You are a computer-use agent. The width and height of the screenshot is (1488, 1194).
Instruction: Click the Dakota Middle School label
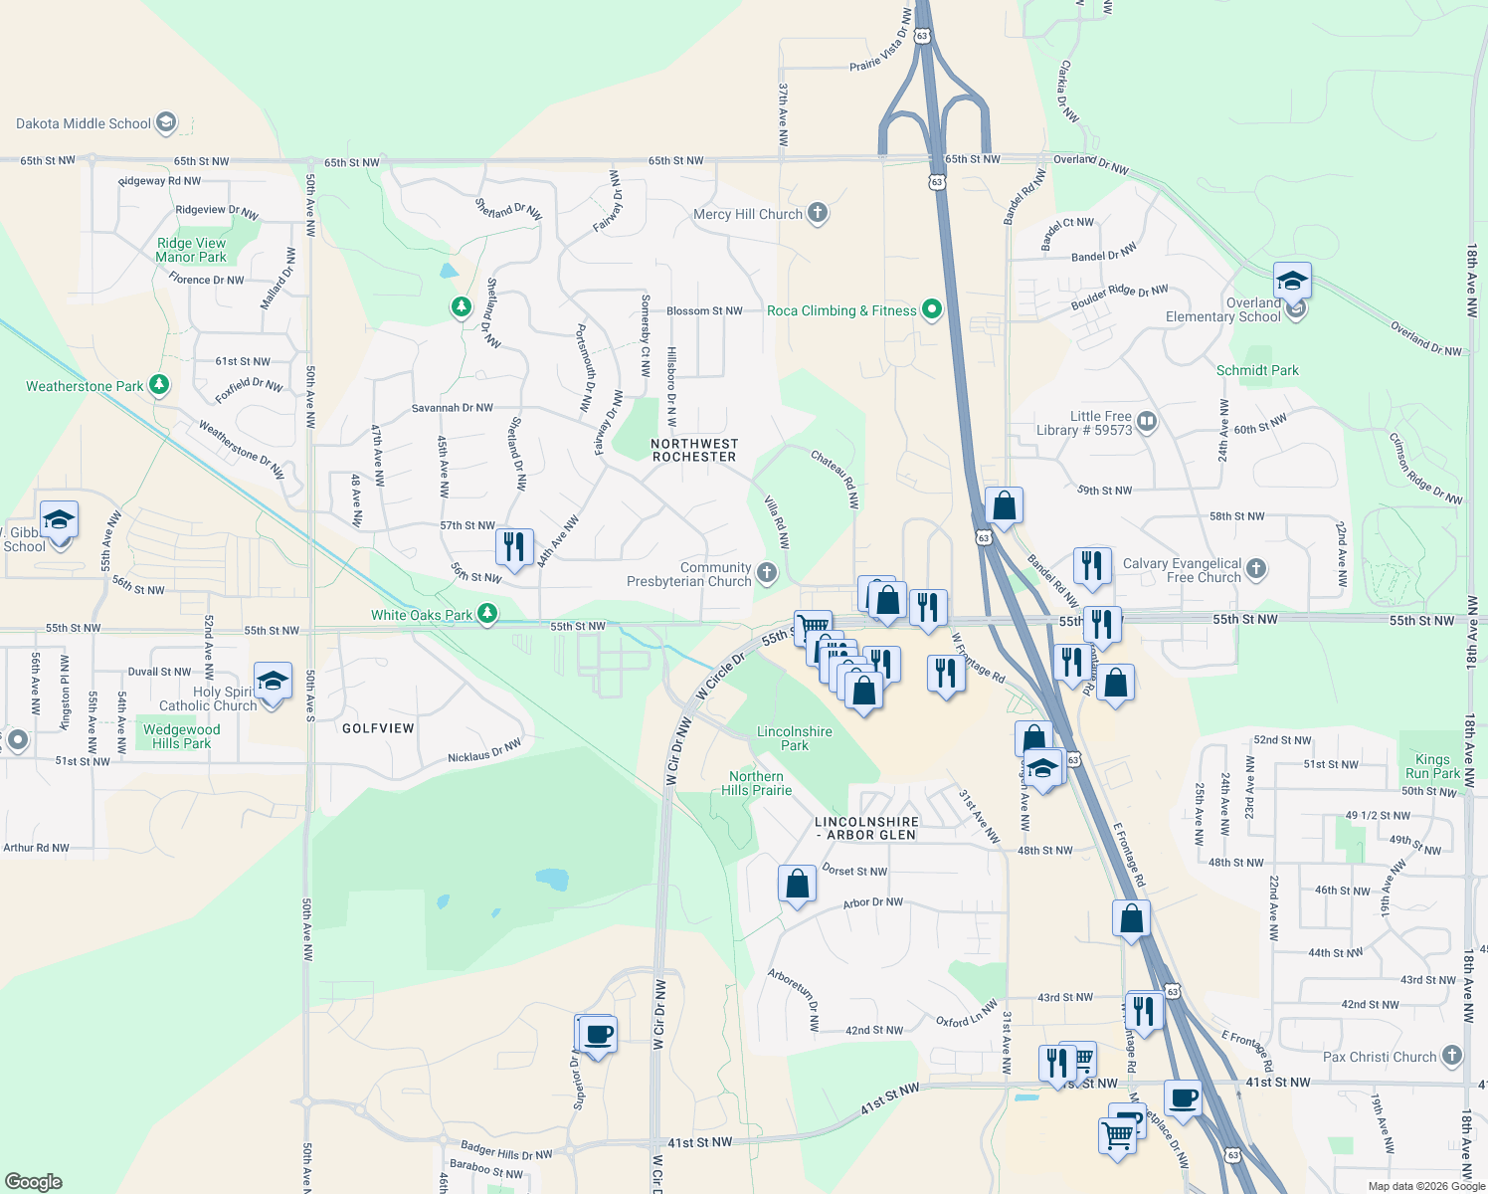(x=84, y=123)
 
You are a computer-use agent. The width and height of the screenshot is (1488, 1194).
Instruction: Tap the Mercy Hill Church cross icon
(x=817, y=213)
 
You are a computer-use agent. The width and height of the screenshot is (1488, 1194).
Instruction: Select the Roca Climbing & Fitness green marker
(x=931, y=310)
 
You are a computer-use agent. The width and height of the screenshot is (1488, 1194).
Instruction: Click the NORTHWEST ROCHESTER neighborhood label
(x=694, y=451)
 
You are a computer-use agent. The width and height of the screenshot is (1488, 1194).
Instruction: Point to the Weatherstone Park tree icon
(x=159, y=385)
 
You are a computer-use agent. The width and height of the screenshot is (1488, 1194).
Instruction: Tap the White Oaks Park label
(x=422, y=615)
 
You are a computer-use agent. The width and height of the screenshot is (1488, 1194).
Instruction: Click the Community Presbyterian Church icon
(x=766, y=572)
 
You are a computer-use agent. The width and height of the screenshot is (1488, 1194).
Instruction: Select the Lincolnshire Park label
(x=795, y=738)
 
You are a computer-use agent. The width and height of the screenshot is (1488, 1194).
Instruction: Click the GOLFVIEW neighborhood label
(x=378, y=728)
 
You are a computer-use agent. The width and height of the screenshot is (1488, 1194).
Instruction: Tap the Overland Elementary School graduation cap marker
(x=1291, y=282)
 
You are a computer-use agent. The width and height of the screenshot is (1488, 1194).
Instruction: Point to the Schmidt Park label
(x=1257, y=370)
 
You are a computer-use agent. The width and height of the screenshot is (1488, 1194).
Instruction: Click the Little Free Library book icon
(x=1146, y=422)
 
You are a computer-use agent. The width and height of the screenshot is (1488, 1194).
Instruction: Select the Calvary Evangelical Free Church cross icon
(x=1255, y=569)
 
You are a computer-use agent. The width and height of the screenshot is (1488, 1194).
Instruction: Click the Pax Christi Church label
(x=1380, y=1057)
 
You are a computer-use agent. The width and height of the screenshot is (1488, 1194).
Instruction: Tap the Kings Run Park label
(x=1432, y=766)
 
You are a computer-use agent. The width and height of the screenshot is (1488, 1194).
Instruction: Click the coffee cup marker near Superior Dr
(x=598, y=1035)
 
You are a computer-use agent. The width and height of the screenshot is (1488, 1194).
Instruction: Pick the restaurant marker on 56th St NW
(x=514, y=547)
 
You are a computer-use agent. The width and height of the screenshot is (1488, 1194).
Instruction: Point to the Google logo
(x=33, y=1182)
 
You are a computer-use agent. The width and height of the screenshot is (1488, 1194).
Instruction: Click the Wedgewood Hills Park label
(x=182, y=736)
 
